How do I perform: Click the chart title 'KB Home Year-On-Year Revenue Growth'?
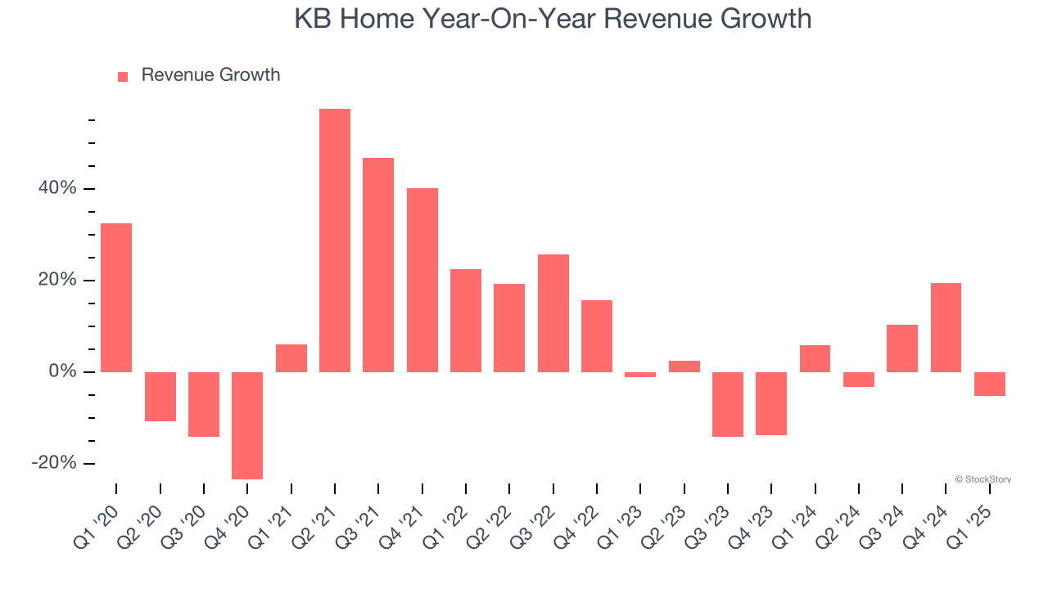tap(553, 19)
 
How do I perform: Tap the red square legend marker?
tap(123, 77)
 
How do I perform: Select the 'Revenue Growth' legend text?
tap(210, 75)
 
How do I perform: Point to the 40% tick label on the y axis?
tap(57, 189)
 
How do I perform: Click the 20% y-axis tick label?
tap(57, 281)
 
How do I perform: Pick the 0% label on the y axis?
tap(63, 372)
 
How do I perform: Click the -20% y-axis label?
tap(54, 464)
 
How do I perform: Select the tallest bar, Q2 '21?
tap(335, 241)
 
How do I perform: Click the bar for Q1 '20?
tap(116, 298)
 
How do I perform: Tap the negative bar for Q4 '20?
tap(247, 425)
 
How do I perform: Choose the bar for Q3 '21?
tap(378, 265)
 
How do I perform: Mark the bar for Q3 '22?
tap(553, 313)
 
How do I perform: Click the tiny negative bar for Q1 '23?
tap(640, 375)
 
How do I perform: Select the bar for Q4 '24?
tap(946, 327)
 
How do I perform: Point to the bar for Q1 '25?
tap(990, 384)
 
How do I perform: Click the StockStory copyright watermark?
tap(982, 479)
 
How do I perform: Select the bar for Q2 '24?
tap(859, 380)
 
